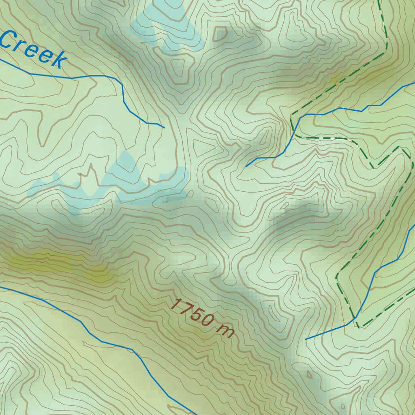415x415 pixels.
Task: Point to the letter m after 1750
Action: pyautogui.click(x=225, y=331)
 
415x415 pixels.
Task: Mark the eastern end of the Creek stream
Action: pyautogui.click(x=164, y=128)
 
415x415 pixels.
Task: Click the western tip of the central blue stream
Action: pyautogui.click(x=246, y=166)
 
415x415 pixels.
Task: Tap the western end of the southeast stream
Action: pyautogui.click(x=306, y=339)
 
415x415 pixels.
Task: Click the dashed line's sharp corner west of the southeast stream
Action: pyautogui.click(x=337, y=277)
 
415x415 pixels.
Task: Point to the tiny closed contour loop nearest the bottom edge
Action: pyautogui.click(x=343, y=406)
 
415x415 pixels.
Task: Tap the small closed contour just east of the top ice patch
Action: pyautogui.click(x=220, y=34)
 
